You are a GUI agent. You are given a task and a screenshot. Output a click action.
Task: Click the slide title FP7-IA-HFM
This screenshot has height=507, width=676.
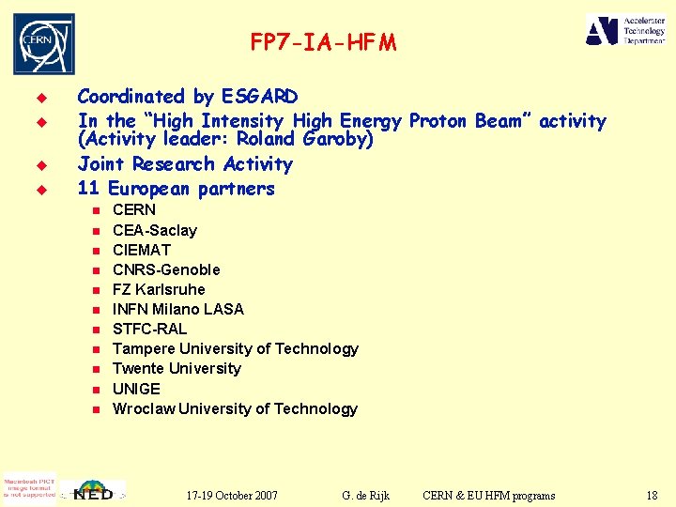tap(323, 42)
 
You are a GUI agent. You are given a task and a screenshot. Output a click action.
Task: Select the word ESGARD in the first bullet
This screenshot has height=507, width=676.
tap(259, 97)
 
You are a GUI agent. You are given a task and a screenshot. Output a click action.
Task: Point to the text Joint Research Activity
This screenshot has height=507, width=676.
tap(185, 164)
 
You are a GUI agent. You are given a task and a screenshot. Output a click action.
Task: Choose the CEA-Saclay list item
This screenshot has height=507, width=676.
tap(155, 230)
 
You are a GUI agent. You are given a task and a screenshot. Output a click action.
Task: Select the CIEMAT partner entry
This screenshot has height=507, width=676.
tap(142, 250)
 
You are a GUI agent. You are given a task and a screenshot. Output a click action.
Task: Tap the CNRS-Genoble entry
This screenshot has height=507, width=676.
tap(166, 269)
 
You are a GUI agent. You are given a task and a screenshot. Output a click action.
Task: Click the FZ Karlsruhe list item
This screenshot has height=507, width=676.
tap(159, 289)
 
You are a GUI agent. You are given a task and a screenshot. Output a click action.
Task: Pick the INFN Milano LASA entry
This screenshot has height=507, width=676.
tap(178, 309)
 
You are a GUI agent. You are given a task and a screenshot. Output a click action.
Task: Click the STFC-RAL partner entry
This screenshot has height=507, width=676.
tap(150, 329)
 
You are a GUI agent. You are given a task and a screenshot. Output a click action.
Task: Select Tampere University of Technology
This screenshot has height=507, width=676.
tap(236, 348)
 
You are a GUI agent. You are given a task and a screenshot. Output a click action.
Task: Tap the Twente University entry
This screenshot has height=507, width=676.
tap(177, 368)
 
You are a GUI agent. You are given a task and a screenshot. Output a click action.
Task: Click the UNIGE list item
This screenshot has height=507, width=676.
tap(137, 389)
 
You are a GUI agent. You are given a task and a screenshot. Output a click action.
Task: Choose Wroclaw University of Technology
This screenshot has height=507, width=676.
tap(235, 408)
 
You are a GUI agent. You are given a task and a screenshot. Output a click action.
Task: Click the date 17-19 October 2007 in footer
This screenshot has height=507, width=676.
tap(231, 495)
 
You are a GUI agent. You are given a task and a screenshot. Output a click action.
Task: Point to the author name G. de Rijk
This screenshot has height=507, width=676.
tap(366, 495)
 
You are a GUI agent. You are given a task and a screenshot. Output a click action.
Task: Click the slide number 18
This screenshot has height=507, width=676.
tap(652, 495)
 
